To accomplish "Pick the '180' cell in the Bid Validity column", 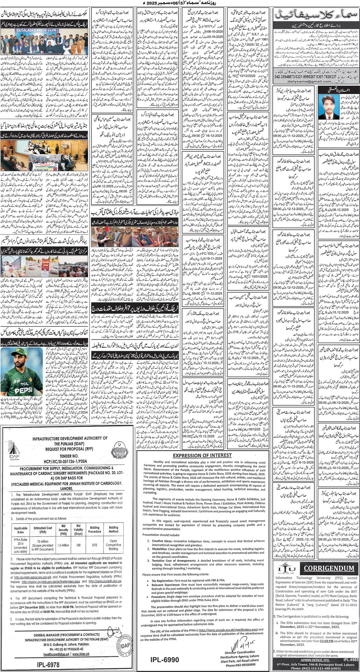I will pyautogui.click(x=78, y=545).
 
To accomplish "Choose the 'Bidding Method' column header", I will pyautogui.click(x=114, y=529).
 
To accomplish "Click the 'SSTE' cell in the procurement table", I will pyautogui.click(x=94, y=545).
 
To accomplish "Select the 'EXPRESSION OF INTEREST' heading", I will pyautogui.click(x=202, y=455).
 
